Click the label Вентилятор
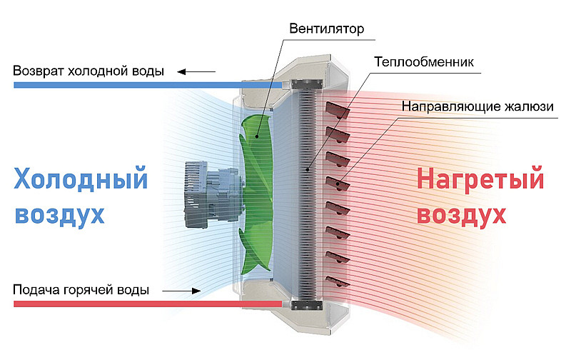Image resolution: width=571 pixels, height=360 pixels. point(327,29)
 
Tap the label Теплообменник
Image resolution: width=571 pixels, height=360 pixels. point(424,61)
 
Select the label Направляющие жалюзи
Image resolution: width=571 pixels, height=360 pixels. point(477,106)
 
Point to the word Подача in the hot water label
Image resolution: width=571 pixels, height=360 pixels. point(35,291)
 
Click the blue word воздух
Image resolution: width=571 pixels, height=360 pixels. point(59,214)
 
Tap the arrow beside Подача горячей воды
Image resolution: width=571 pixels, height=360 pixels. point(181,291)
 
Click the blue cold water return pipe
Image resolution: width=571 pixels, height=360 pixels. point(143,85)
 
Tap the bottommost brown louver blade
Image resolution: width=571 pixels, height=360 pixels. point(338,281)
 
